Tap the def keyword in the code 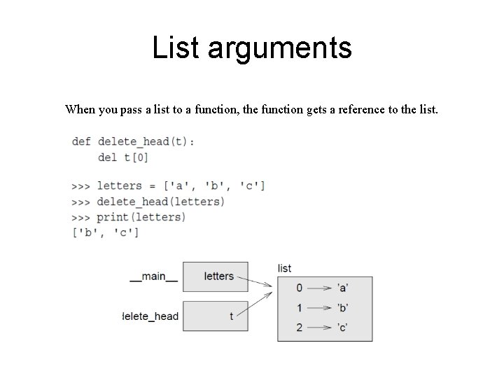point(81,141)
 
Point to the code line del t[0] point(123,157)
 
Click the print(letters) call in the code point(141,217)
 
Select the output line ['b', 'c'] point(106,232)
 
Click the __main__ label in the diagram point(153,276)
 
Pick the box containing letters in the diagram point(218,276)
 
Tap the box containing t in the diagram point(218,316)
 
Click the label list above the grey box point(284,268)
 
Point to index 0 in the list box point(299,288)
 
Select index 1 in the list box point(299,307)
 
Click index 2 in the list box point(299,327)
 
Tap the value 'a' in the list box point(343,288)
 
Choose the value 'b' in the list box point(343,307)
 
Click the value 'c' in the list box point(343,327)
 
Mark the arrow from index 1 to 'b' point(321,307)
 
